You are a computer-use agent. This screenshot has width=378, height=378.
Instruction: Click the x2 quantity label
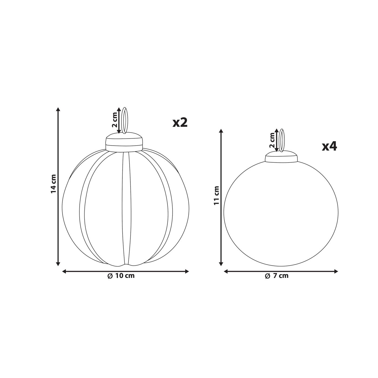180,123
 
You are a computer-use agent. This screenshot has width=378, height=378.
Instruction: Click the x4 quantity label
329,146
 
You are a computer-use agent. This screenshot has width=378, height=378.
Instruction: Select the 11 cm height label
216,195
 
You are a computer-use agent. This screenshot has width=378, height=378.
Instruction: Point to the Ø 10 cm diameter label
121,276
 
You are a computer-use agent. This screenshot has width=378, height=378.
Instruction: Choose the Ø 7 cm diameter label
277,276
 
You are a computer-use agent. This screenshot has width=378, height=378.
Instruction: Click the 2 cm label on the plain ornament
272,140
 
